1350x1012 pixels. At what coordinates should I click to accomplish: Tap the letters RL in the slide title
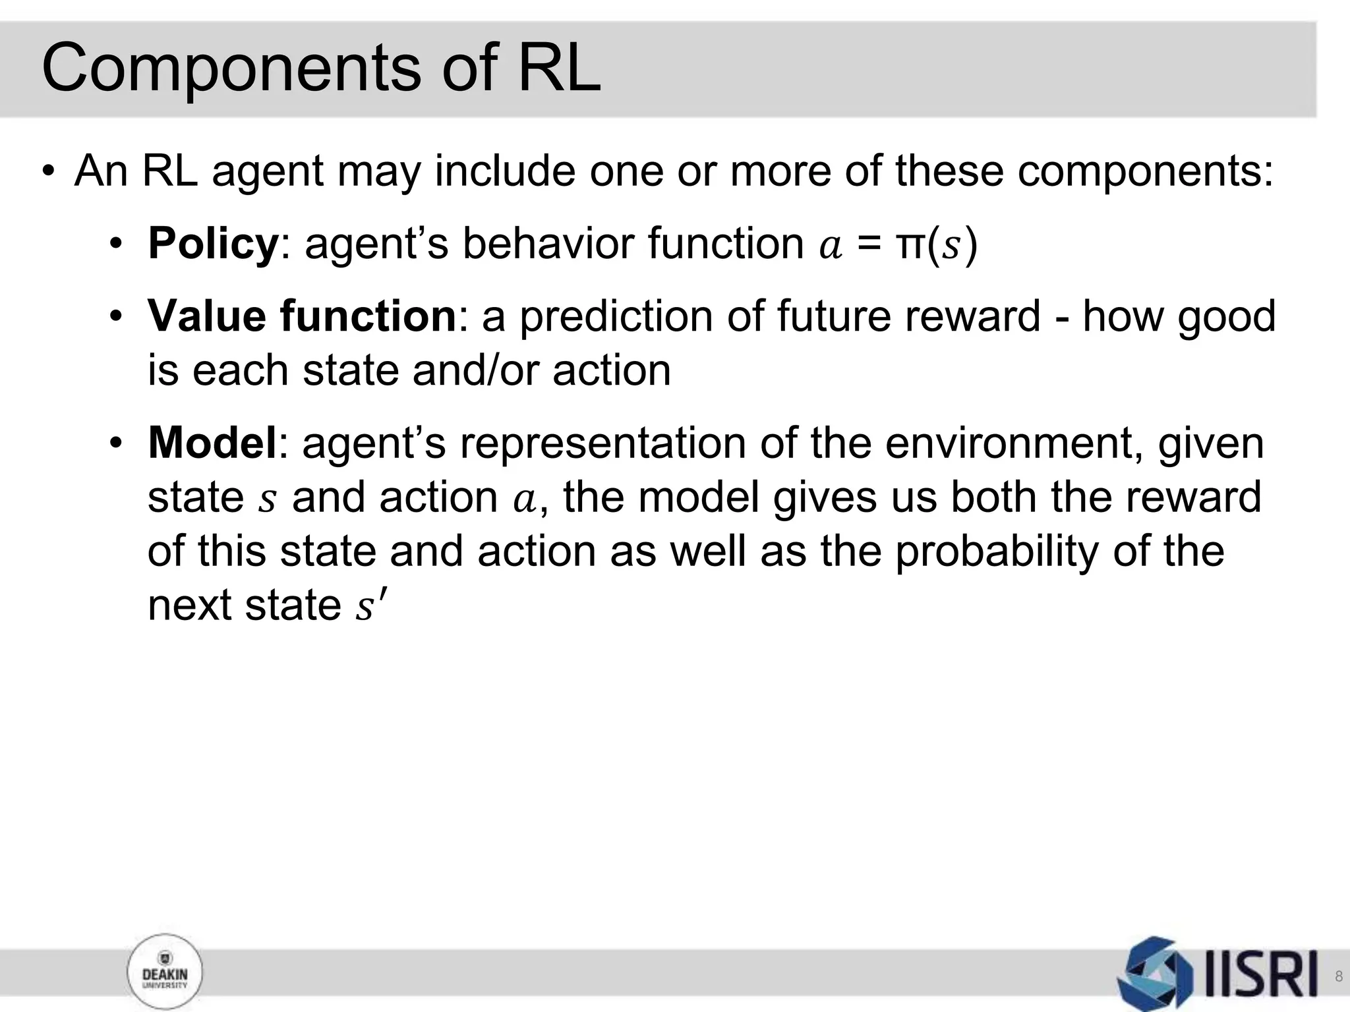point(559,68)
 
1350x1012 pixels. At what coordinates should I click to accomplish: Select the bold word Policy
point(213,244)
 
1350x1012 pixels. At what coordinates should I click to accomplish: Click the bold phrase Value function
point(302,316)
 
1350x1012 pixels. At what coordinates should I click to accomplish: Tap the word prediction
point(617,317)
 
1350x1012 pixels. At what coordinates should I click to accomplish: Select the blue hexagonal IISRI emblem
point(1155,973)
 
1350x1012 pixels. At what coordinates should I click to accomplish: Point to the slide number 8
point(1338,976)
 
